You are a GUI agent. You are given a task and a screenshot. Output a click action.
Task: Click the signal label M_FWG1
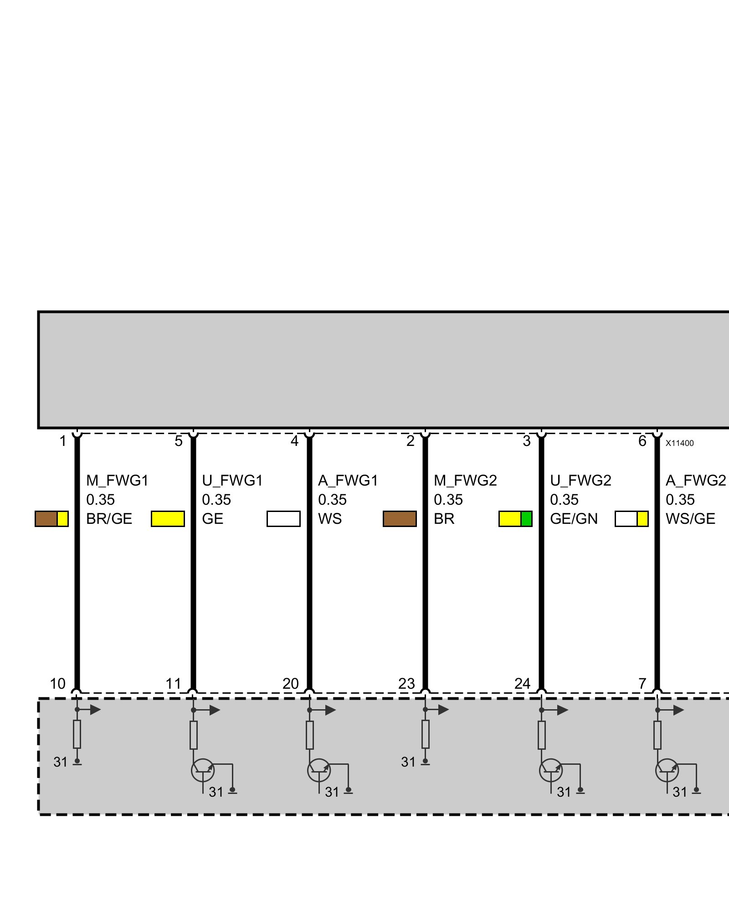click(117, 481)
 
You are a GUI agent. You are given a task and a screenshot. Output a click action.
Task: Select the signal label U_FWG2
click(580, 481)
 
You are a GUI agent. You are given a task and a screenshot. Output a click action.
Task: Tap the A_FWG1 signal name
click(348, 481)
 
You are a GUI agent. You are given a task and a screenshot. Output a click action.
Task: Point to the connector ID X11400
click(679, 443)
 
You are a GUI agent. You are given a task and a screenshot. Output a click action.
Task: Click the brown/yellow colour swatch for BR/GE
click(51, 519)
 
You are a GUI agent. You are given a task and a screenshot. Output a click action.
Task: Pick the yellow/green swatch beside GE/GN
click(515, 519)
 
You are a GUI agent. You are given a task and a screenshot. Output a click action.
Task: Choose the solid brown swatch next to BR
click(400, 519)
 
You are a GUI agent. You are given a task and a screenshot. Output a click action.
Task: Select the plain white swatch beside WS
click(283, 519)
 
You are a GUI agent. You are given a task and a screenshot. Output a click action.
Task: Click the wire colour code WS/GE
click(690, 519)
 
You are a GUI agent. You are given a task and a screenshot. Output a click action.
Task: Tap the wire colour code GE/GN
click(574, 519)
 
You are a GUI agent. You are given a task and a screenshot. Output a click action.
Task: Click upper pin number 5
click(179, 441)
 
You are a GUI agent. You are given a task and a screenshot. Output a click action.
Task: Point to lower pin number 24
click(522, 684)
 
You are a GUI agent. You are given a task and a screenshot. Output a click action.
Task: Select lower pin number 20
click(290, 684)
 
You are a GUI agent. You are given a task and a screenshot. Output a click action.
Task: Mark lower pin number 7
click(642, 684)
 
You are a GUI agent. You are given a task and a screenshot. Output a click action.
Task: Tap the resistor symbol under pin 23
click(425, 734)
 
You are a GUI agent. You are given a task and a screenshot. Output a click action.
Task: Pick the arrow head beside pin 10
click(95, 710)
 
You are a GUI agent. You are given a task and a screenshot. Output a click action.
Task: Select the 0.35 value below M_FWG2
click(448, 500)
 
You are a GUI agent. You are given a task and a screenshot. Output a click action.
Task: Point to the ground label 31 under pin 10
click(61, 762)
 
